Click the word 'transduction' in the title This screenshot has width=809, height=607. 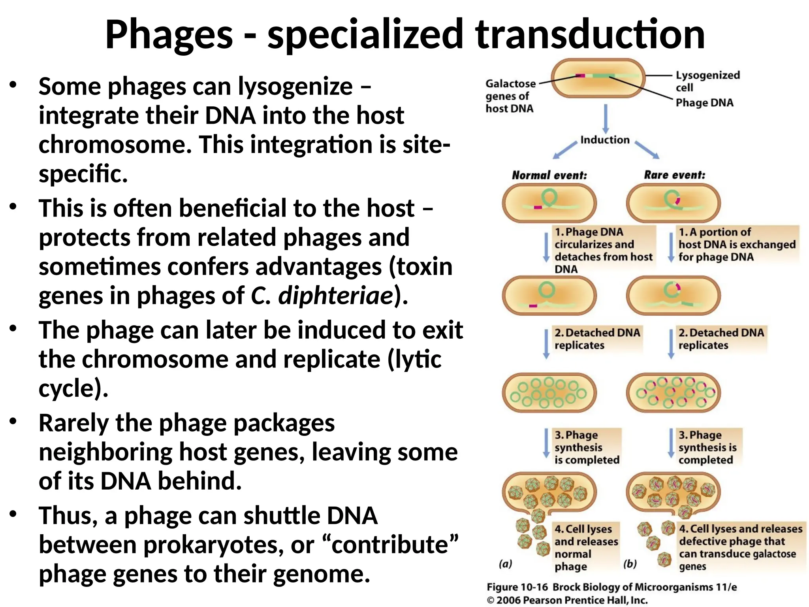coord(590,35)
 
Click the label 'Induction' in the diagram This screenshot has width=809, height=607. coord(605,140)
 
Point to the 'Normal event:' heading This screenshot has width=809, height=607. coord(549,175)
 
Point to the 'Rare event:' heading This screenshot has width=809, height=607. coord(674,175)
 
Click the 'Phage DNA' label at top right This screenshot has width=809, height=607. coord(704,103)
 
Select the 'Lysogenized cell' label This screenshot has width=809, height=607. coord(707,81)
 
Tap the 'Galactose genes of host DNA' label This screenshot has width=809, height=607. coord(510,96)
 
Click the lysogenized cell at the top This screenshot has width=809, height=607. coord(598,78)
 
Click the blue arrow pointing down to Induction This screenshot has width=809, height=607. coord(606,119)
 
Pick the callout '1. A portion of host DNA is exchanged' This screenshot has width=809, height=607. coord(737,244)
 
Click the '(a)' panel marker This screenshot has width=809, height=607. coord(505,564)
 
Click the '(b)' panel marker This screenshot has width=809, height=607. coord(630,564)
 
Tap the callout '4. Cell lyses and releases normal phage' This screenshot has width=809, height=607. coord(585,547)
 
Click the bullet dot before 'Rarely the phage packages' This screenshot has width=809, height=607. coord(13,421)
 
